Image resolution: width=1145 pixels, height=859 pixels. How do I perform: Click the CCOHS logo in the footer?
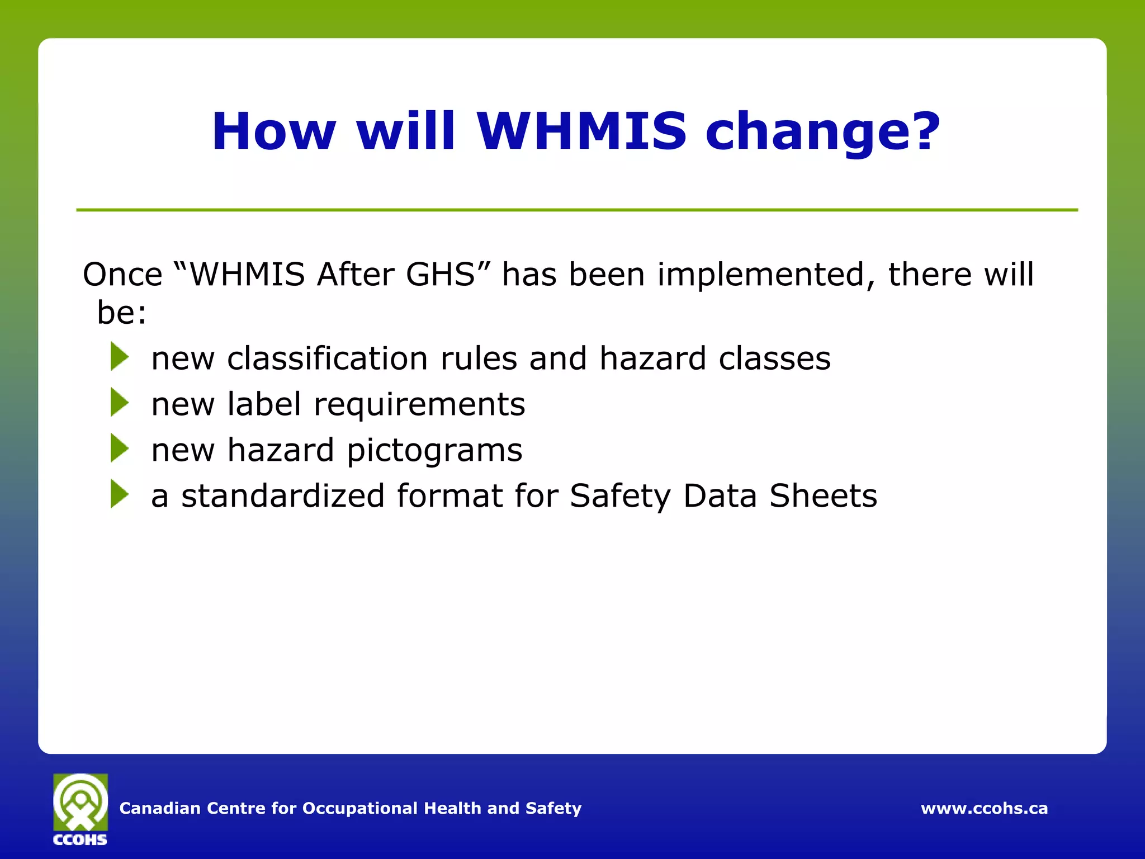[x=81, y=809]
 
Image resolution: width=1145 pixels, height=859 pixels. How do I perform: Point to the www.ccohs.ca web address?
[x=984, y=808]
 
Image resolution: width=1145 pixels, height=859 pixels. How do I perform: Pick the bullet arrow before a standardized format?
[x=120, y=494]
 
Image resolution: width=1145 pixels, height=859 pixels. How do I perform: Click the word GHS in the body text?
[x=441, y=275]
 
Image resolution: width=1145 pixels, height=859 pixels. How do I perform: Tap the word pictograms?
[x=434, y=451]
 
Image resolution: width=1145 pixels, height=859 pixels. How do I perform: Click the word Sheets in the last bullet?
[x=823, y=495]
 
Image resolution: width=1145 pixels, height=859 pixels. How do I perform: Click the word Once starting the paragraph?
[x=122, y=275]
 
